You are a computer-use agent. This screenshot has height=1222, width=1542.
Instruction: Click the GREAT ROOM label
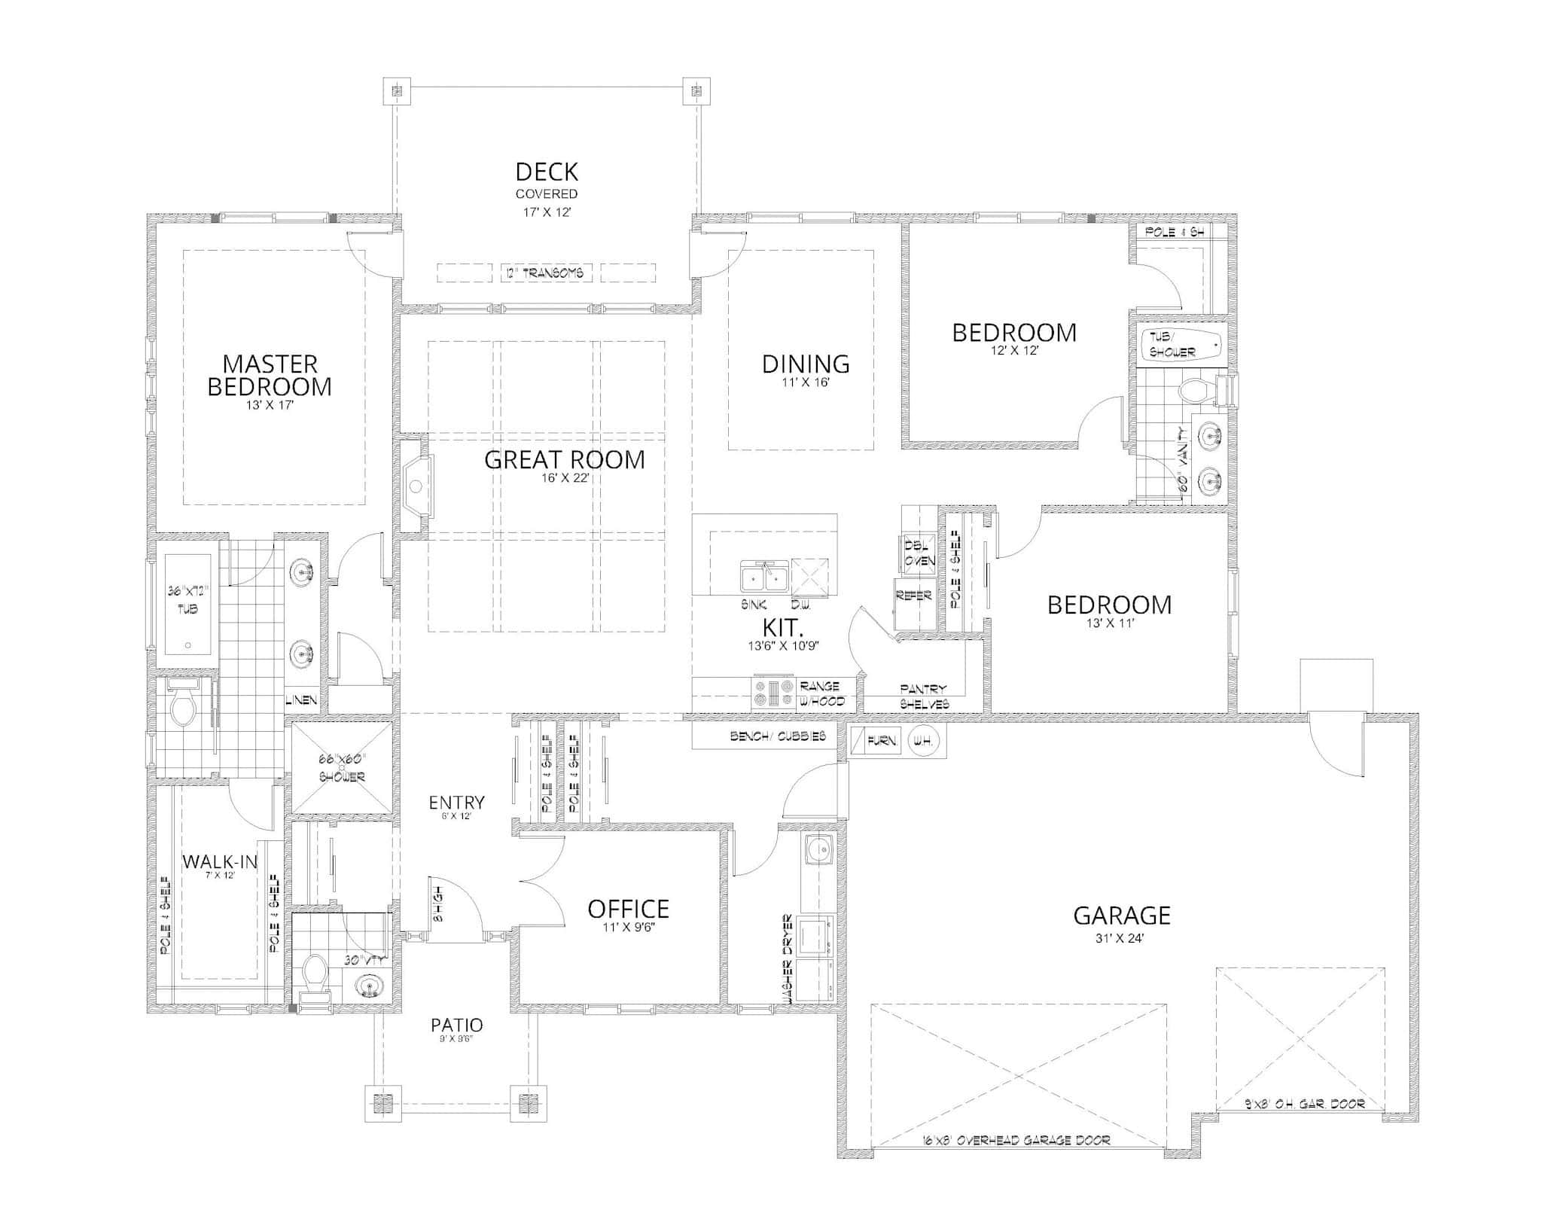pyautogui.click(x=564, y=459)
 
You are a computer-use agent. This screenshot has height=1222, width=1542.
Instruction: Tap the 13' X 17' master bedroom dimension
pyautogui.click(x=269, y=405)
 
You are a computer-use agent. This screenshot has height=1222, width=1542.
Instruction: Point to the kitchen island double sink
pyautogui.click(x=763, y=577)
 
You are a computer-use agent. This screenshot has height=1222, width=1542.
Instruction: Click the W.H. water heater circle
pyautogui.click(x=922, y=741)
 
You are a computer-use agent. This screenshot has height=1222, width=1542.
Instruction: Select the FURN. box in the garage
pyautogui.click(x=882, y=741)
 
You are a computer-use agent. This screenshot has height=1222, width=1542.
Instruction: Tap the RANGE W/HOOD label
pyautogui.click(x=821, y=693)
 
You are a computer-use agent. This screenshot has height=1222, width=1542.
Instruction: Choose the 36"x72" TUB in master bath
pyautogui.click(x=187, y=603)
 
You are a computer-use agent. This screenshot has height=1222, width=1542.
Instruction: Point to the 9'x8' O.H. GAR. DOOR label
pyautogui.click(x=1303, y=1105)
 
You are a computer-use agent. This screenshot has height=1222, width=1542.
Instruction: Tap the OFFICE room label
pyautogui.click(x=628, y=909)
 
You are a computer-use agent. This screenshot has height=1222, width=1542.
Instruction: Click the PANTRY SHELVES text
pyautogui.click(x=924, y=696)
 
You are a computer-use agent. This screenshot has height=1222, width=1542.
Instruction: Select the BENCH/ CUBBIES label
pyautogui.click(x=778, y=736)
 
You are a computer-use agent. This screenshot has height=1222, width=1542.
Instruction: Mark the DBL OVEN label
pyautogui.click(x=919, y=553)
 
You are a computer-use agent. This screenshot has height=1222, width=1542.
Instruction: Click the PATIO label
pyautogui.click(x=456, y=1025)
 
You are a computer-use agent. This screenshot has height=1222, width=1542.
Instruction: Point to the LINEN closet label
pyautogui.click(x=302, y=700)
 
